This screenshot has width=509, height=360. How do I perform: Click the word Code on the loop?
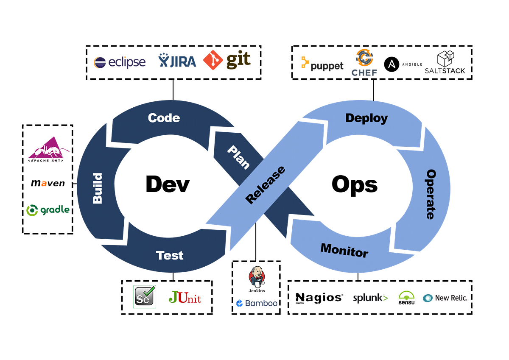click(x=164, y=118)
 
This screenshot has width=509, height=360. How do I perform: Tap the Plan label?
click(x=238, y=157)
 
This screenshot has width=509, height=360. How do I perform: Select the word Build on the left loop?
click(x=98, y=188)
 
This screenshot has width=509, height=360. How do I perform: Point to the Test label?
click(x=170, y=255)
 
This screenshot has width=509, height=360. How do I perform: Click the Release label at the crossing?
click(x=265, y=185)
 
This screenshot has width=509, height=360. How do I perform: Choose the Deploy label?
click(x=366, y=118)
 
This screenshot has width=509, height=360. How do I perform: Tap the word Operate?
click(x=431, y=194)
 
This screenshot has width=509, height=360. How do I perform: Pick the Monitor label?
click(x=344, y=250)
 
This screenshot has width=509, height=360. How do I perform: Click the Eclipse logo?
click(x=119, y=62)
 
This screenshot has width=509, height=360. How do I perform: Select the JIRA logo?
click(x=177, y=61)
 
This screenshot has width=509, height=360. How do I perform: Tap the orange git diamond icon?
click(x=213, y=60)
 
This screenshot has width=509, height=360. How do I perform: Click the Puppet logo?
click(x=322, y=64)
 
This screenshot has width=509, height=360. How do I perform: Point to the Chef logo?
click(x=364, y=62)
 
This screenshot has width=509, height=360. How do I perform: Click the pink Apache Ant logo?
click(x=48, y=150)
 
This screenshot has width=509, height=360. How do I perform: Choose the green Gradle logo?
click(x=47, y=210)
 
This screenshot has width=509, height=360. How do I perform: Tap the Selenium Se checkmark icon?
click(x=145, y=297)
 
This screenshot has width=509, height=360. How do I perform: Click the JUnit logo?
click(x=185, y=298)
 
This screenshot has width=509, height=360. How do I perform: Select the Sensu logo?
click(x=406, y=298)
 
